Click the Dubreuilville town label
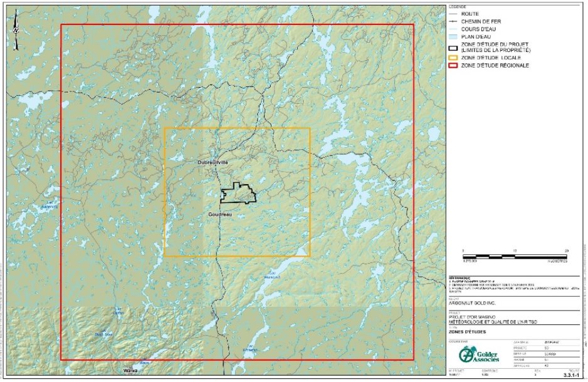pyautogui.click(x=213, y=162)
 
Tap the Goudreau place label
pyautogui.click(x=219, y=214)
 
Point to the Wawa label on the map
pyautogui.click(x=130, y=371)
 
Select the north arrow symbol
pyautogui.click(x=16, y=28)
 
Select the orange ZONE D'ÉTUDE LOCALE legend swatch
pyautogui.click(x=453, y=58)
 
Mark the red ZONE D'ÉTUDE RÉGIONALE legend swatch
pyautogui.click(x=453, y=65)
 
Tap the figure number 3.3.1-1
pyautogui.click(x=569, y=374)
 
